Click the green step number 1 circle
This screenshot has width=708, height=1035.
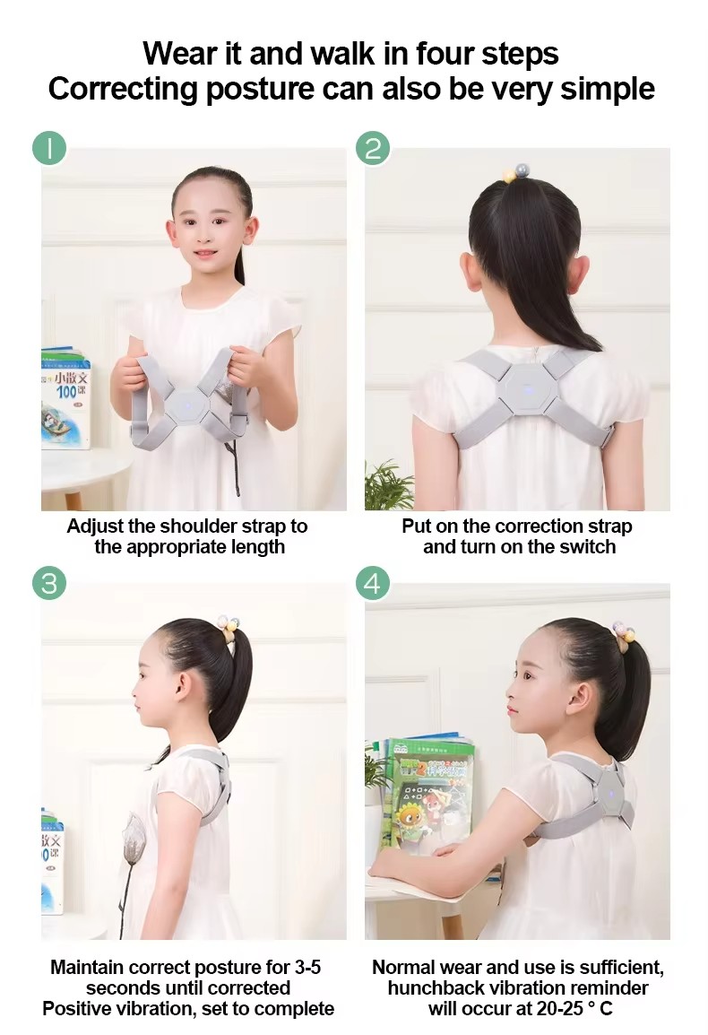[49, 148]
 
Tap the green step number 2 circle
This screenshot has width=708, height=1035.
[373, 148]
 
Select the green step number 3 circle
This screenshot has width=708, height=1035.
[49, 584]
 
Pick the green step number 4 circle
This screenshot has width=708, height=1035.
[373, 584]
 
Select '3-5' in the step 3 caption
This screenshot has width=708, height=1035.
[307, 968]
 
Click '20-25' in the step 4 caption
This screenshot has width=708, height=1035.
[560, 1009]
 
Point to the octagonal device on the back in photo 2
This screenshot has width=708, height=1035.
[526, 388]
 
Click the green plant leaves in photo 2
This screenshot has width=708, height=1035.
[388, 486]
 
